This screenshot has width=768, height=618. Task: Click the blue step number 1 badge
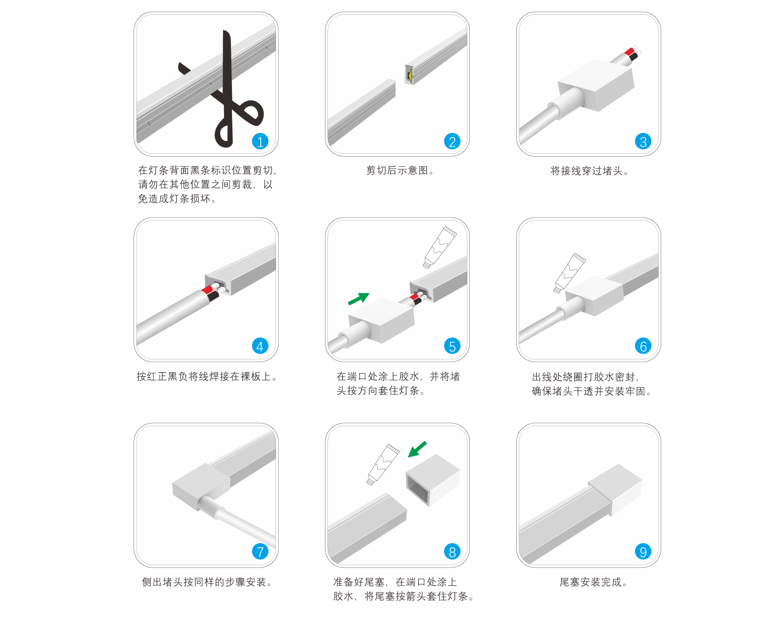(x=260, y=141)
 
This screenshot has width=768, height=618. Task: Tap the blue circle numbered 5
(x=452, y=346)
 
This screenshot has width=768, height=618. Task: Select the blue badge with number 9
(x=643, y=551)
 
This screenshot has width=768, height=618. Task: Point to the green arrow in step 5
(x=359, y=299)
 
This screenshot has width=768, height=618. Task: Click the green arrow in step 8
(x=417, y=449)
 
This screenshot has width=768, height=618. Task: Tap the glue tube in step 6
(x=569, y=272)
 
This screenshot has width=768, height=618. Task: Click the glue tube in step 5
(x=440, y=247)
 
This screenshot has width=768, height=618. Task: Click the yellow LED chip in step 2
(x=409, y=76)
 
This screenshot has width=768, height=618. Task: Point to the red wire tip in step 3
(x=629, y=51)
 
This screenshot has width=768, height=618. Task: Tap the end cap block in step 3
(x=596, y=85)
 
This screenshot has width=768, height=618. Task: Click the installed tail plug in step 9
(x=616, y=489)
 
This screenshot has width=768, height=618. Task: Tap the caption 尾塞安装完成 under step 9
(x=593, y=582)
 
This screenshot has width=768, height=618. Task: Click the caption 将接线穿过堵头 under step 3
(x=589, y=171)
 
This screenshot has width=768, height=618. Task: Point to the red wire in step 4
(x=207, y=289)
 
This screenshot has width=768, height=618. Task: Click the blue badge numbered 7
(x=260, y=551)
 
